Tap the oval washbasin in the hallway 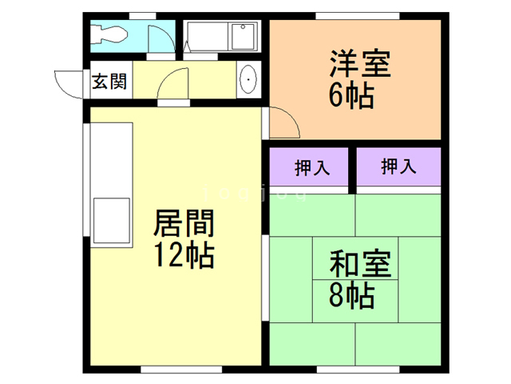click(x=248, y=80)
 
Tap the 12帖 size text click(x=184, y=255)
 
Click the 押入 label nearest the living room click(x=309, y=167)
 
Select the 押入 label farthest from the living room click(x=398, y=167)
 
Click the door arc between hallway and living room click(x=173, y=84)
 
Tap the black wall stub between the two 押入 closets click(x=352, y=170)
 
